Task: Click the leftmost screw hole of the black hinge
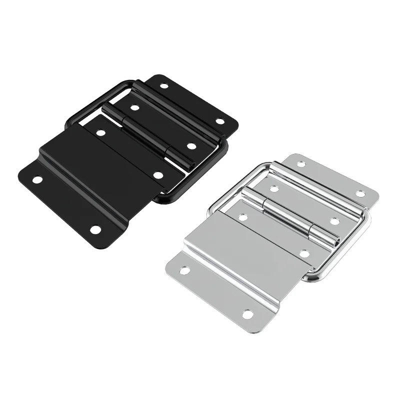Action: (37, 179)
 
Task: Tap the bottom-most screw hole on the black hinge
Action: (95, 230)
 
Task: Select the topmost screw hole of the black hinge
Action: (164, 86)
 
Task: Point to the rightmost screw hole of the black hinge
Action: (220, 121)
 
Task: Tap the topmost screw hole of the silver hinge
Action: (300, 164)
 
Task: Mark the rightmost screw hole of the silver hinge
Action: (360, 193)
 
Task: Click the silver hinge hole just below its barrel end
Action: (304, 253)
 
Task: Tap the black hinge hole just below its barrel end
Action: (158, 175)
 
